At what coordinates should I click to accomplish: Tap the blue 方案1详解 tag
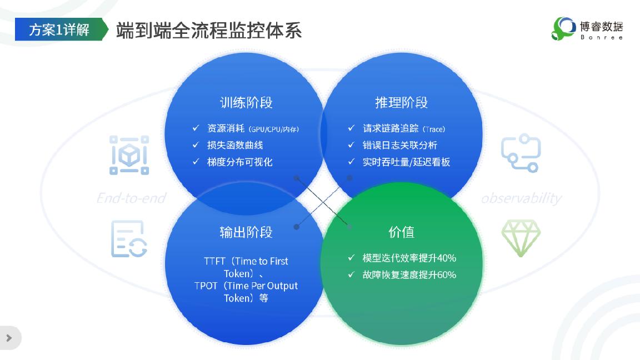click(x=60, y=29)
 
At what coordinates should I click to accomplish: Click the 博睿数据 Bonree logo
click(x=587, y=28)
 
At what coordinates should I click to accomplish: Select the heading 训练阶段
click(x=246, y=102)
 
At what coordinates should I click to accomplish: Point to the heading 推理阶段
click(x=401, y=102)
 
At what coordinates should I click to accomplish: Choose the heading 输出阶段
click(x=246, y=232)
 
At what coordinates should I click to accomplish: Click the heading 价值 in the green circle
click(x=401, y=232)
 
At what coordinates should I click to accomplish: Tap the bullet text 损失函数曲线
click(x=235, y=145)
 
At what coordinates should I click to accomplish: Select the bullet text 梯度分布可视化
click(x=240, y=162)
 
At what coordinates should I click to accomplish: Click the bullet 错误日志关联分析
click(x=400, y=145)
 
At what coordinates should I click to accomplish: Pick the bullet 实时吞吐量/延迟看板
click(x=406, y=162)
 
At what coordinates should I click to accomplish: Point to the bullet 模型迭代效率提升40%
click(x=409, y=258)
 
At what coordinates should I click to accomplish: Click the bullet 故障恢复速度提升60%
click(x=409, y=274)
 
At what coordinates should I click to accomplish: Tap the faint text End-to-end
click(x=131, y=198)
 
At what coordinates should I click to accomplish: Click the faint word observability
click(x=521, y=198)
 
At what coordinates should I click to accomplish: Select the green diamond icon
click(x=521, y=238)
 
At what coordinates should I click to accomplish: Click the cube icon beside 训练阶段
click(x=129, y=155)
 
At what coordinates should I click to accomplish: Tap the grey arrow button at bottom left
click(x=9, y=338)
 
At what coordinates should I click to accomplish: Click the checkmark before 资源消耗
click(x=196, y=128)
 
